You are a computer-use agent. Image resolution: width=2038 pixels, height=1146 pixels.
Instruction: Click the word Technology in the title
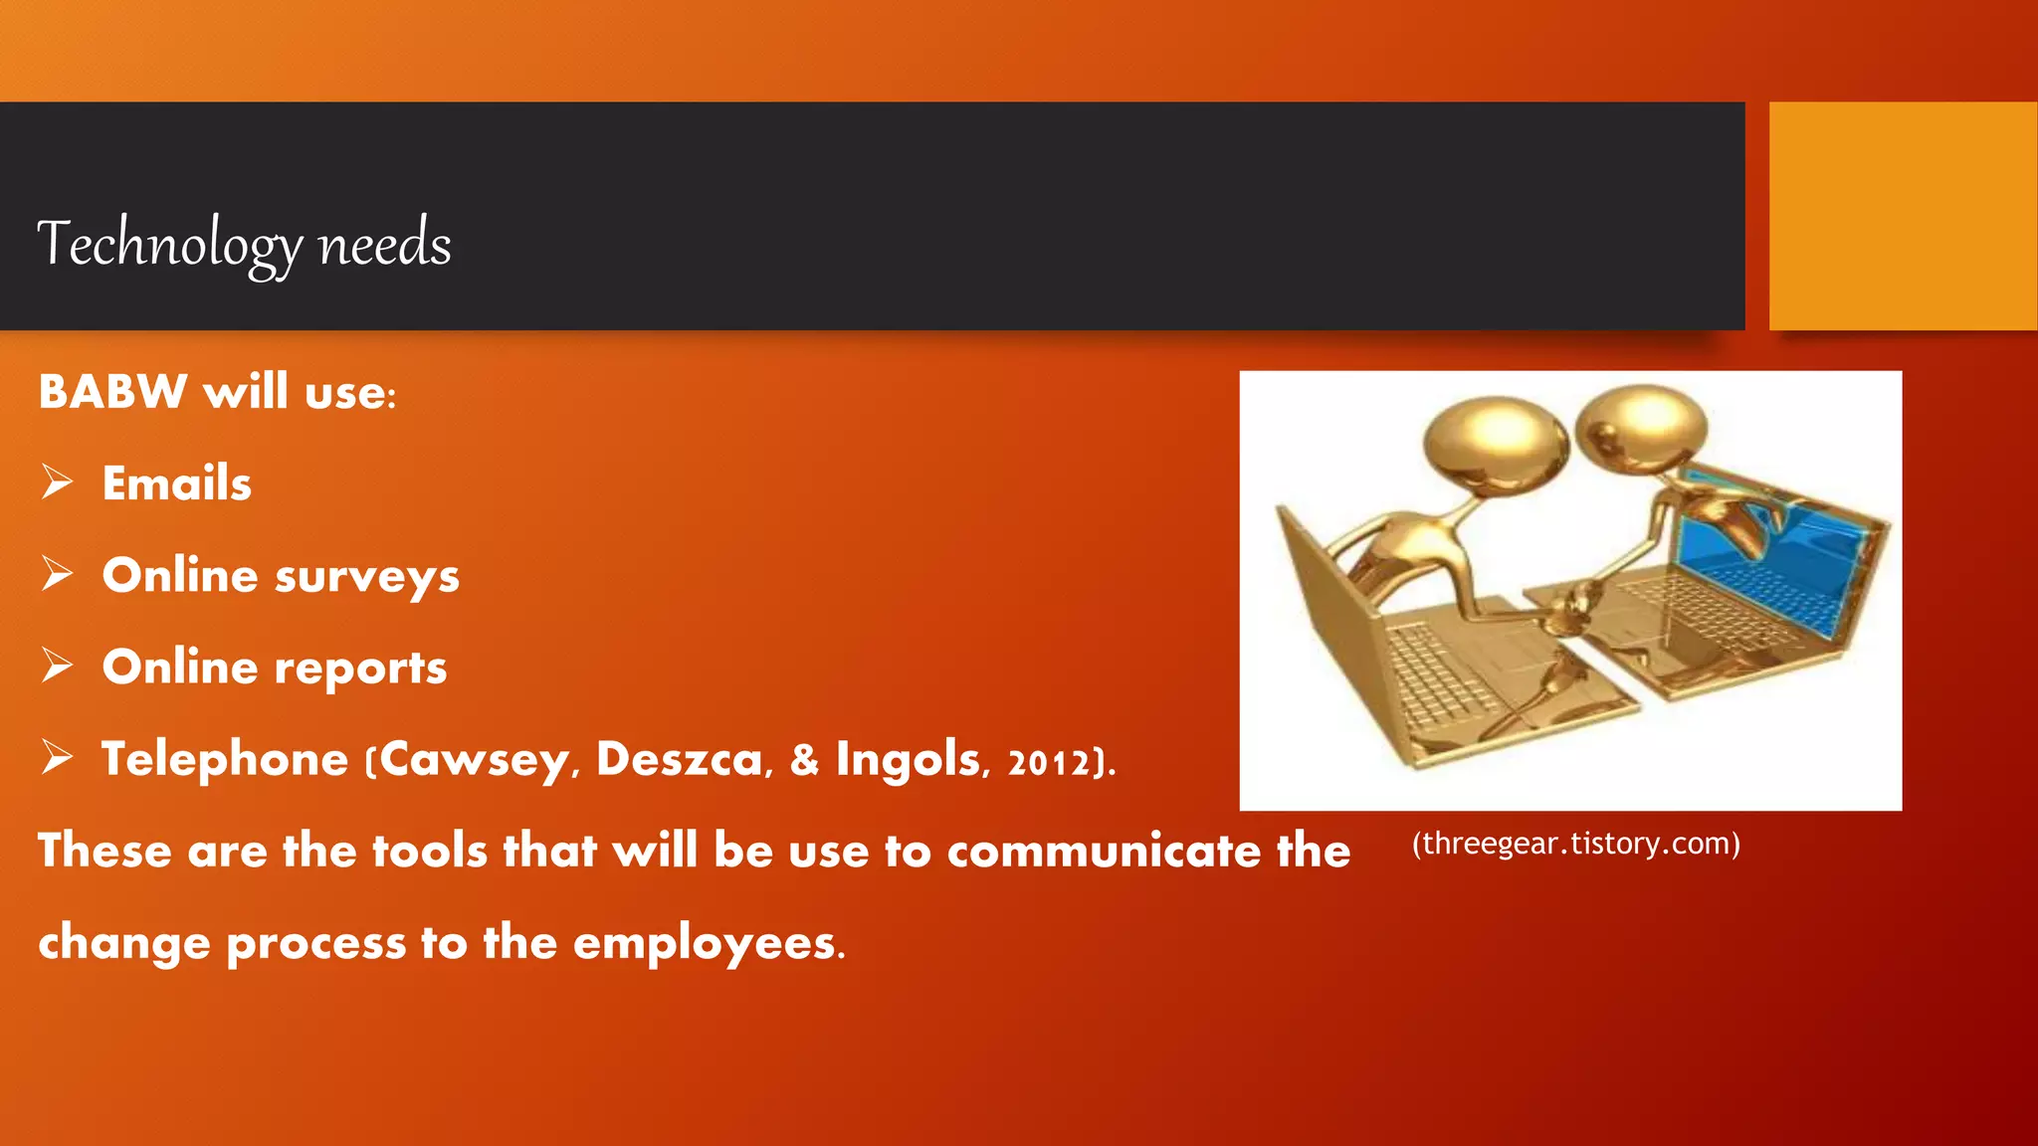point(169,244)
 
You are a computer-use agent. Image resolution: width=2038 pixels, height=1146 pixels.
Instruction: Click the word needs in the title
point(384,244)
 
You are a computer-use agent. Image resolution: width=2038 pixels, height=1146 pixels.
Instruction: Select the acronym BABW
point(112,391)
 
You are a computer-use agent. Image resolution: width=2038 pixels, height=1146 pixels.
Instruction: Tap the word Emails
point(177,483)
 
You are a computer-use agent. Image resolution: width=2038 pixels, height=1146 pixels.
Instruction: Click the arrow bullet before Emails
point(58,482)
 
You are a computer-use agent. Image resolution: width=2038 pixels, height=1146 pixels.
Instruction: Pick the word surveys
point(366,577)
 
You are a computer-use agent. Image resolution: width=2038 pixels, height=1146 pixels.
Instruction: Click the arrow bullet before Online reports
point(58,666)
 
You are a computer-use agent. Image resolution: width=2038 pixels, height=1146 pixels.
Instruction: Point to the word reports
point(360,668)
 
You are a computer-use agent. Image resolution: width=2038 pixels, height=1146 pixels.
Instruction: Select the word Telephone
point(225,759)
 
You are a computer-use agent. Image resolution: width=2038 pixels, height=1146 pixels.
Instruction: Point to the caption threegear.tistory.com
point(1575,844)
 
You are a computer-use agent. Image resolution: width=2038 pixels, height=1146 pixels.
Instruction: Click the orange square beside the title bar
point(1903,216)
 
